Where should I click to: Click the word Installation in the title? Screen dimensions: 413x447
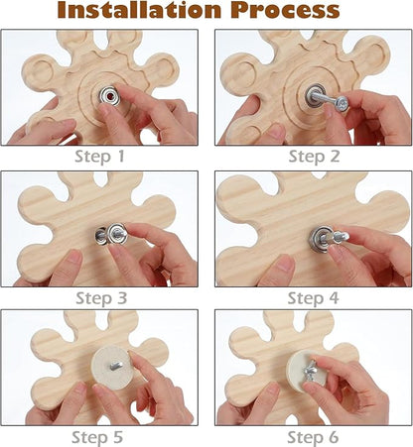point(139,10)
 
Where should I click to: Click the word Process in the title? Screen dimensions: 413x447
point(285,10)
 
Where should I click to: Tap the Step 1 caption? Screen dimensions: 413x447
point(99,157)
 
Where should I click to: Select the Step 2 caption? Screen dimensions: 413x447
point(314,157)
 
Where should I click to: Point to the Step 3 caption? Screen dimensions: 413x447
point(101,298)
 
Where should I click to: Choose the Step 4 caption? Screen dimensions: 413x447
point(313,298)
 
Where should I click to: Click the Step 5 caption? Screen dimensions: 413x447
point(97,437)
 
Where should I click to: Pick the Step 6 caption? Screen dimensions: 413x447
point(313,437)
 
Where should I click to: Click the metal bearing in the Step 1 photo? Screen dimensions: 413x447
point(110,96)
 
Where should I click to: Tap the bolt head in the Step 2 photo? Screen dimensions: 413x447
point(342,104)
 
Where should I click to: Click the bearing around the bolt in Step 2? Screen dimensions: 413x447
point(314,96)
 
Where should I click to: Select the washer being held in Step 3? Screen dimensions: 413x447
point(118,234)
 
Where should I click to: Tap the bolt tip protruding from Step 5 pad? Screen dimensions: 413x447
point(116,366)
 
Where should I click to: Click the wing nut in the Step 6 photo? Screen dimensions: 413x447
point(312,371)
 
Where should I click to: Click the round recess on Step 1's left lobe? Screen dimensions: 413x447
point(41,73)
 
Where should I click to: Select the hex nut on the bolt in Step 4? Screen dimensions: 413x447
point(327,238)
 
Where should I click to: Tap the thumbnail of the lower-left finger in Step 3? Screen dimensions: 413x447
point(75,258)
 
